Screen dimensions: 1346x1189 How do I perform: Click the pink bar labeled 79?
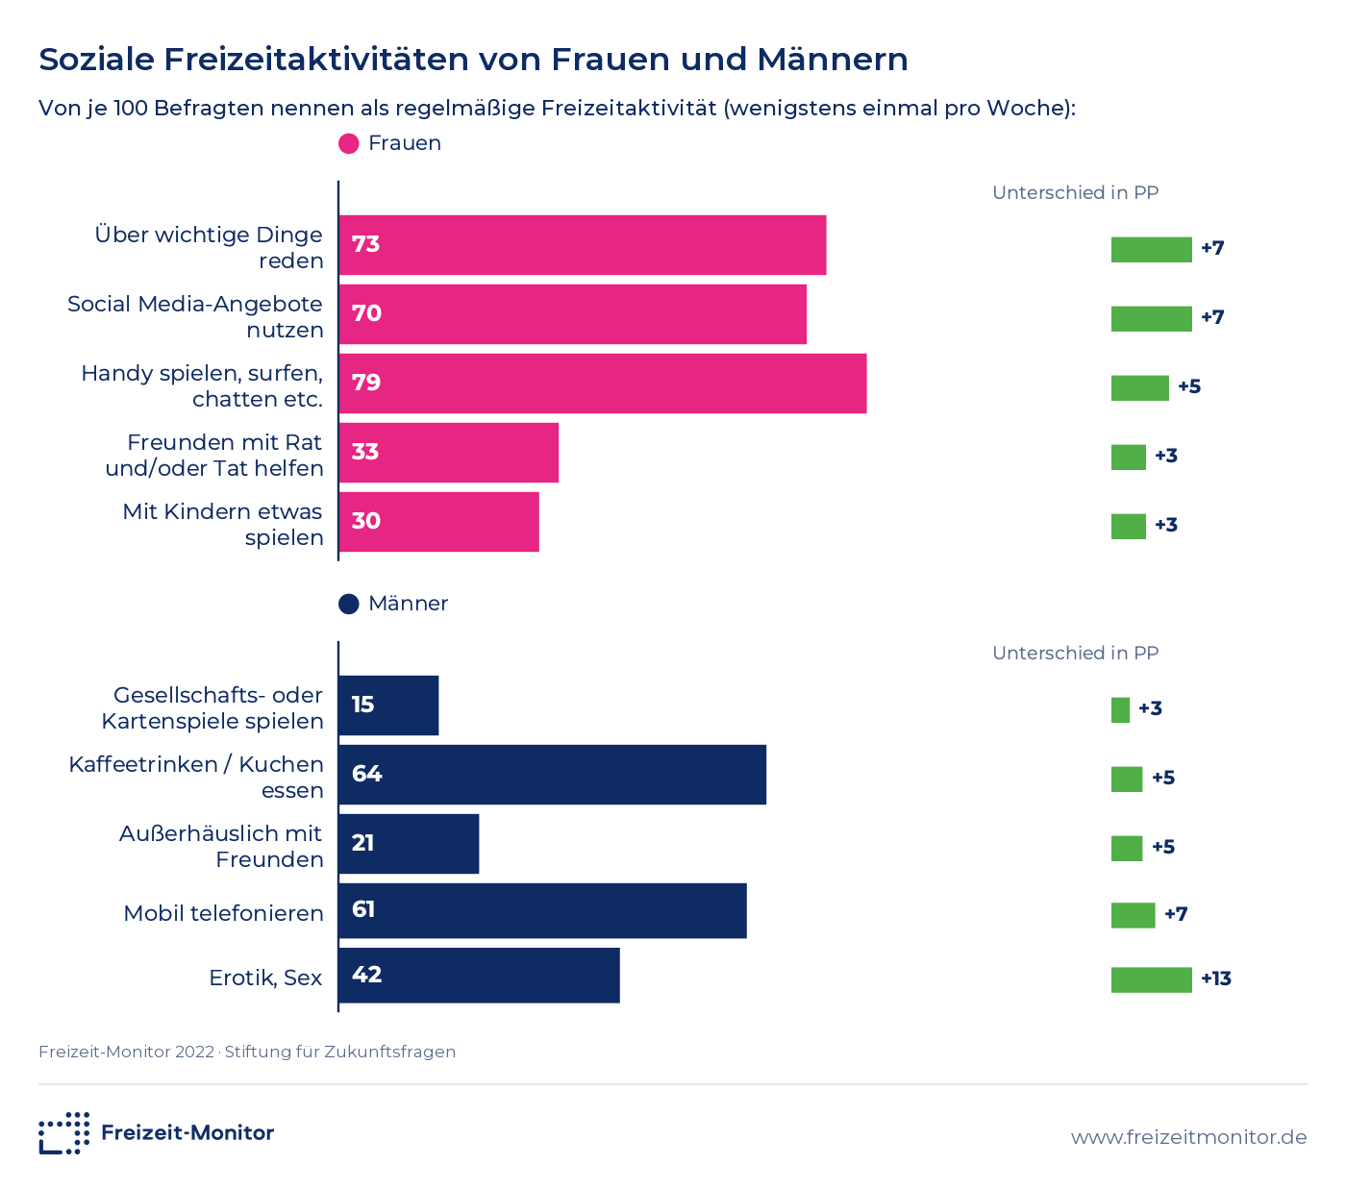click(x=603, y=384)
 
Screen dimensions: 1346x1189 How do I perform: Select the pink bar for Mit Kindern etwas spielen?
click(x=438, y=521)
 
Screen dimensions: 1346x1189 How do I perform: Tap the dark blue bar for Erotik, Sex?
click(x=479, y=975)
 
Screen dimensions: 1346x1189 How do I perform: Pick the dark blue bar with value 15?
click(x=388, y=706)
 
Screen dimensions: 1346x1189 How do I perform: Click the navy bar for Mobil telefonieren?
click(x=543, y=910)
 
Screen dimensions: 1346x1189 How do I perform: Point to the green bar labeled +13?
click(x=1152, y=979)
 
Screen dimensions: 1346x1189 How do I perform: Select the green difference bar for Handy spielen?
click(x=1140, y=388)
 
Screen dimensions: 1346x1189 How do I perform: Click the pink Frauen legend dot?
click(x=349, y=143)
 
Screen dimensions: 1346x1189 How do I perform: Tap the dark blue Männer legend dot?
click(x=349, y=604)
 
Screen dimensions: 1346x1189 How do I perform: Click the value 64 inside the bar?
click(x=366, y=773)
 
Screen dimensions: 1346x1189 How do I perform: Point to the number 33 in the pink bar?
click(x=364, y=452)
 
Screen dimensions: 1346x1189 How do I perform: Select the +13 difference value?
click(x=1216, y=978)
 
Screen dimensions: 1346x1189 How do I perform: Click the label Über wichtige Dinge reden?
click(x=209, y=247)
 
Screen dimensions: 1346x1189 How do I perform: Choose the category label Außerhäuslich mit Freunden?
click(x=220, y=846)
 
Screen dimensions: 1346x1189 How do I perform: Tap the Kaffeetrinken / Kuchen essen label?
click(x=196, y=778)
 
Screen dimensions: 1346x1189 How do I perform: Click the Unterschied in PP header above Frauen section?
click(x=1075, y=192)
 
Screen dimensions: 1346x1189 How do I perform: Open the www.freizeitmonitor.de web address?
click(x=1188, y=1137)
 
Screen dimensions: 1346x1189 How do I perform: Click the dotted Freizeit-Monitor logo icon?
click(x=63, y=1133)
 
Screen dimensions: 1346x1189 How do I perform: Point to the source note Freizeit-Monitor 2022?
click(x=126, y=1052)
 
